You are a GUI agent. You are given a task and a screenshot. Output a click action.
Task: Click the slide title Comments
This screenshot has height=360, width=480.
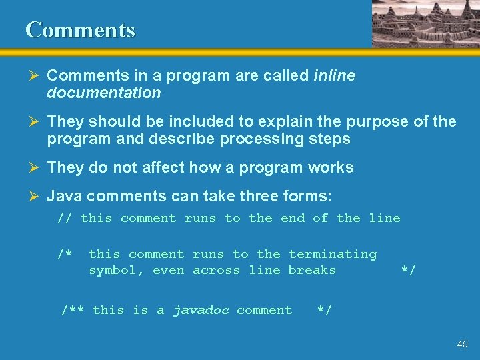[x=80, y=30]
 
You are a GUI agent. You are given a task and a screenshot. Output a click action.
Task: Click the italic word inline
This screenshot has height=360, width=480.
[x=334, y=76]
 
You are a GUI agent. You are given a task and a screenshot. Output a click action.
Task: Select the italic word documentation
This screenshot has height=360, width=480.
[x=104, y=93]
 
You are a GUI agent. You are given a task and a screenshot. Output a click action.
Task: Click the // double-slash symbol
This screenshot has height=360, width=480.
[x=65, y=219]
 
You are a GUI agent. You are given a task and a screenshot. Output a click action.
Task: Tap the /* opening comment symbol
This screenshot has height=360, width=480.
[x=65, y=255]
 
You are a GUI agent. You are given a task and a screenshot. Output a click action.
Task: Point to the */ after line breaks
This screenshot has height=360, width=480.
[x=408, y=270]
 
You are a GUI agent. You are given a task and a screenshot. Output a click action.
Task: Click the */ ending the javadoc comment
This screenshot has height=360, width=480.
[x=324, y=310]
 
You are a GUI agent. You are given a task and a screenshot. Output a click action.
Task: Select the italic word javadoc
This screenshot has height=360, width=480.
[x=200, y=310]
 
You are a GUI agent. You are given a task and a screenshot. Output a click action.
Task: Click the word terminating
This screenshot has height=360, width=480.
[x=332, y=255]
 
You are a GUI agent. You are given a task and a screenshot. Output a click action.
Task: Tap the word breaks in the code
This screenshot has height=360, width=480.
[x=312, y=270]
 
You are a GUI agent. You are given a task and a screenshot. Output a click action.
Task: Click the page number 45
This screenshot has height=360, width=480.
[x=462, y=345]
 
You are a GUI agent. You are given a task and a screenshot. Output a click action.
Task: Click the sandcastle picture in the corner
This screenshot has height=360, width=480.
[x=424, y=23]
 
